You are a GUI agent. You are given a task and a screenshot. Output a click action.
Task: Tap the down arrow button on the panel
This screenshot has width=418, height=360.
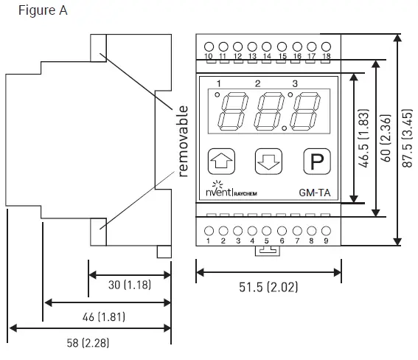(268, 160)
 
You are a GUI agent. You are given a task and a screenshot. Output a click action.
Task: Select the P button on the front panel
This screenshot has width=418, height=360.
(316, 160)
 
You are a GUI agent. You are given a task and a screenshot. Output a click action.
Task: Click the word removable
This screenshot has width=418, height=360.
(183, 142)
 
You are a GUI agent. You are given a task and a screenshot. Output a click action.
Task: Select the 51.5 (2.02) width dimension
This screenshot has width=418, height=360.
(268, 287)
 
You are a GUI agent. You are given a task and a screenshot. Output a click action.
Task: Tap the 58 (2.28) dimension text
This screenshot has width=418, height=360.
(83, 343)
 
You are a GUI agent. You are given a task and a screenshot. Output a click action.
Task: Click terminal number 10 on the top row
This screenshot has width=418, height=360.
(208, 57)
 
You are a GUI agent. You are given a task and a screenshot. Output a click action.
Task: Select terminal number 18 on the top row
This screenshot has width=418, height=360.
(326, 57)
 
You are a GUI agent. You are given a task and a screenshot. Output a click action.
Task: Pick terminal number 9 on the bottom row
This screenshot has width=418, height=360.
(326, 240)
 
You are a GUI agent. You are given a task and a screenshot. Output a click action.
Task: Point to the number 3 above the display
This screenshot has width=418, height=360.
(295, 83)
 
